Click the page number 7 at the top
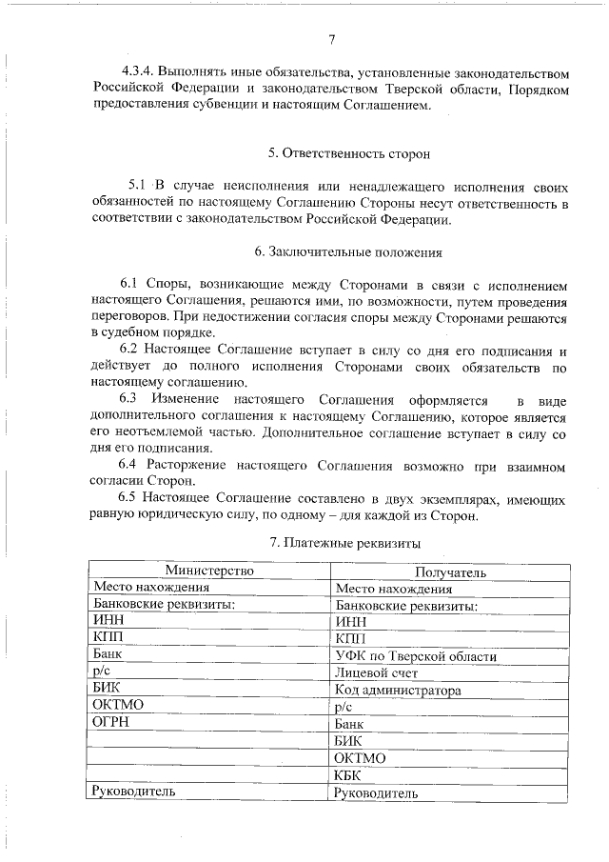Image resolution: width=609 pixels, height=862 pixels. pyautogui.click(x=331, y=39)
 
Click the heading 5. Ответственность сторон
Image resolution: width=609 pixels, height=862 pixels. pyautogui.click(x=349, y=152)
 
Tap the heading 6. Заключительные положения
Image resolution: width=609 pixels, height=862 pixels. pyautogui.click(x=349, y=252)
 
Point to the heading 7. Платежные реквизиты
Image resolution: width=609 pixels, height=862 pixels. pyautogui.click(x=347, y=542)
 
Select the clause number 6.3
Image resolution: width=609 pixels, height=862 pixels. pyautogui.click(x=131, y=399)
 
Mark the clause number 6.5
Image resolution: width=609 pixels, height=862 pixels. pyautogui.click(x=131, y=499)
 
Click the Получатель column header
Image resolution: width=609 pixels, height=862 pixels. pyautogui.click(x=451, y=571)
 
